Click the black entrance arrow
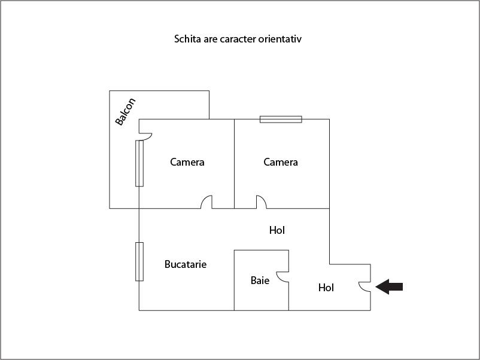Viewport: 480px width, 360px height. [389, 286]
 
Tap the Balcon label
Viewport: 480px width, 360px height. [125, 112]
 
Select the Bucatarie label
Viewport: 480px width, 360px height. [186, 264]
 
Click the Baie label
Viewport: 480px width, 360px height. [260, 280]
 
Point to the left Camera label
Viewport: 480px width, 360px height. [187, 162]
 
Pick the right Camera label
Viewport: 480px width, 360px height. [281, 162]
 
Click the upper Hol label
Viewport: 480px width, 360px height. [277, 230]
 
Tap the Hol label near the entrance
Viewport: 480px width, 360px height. [326, 288]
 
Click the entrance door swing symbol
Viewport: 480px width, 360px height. [365, 287]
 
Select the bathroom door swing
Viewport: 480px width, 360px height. [282, 277]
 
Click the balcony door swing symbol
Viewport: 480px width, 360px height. [145, 137]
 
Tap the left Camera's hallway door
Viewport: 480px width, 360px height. [206, 202]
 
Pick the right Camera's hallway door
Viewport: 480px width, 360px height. [262, 202]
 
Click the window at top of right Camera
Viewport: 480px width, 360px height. [281, 119]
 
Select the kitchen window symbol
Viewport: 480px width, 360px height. [139, 261]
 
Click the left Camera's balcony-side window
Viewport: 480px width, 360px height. [139, 163]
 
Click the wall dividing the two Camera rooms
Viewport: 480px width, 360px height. [234, 164]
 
